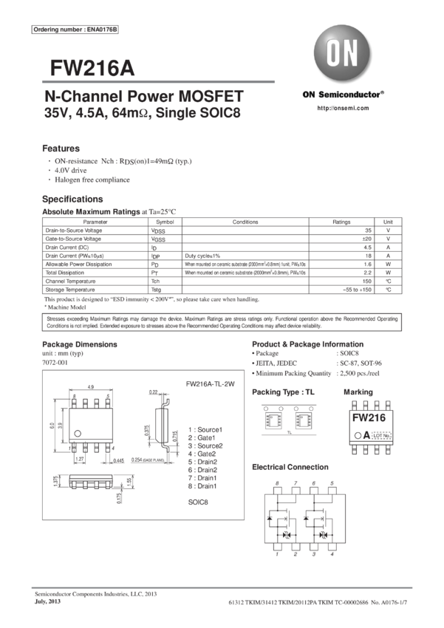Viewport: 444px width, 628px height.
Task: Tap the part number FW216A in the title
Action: click(x=92, y=68)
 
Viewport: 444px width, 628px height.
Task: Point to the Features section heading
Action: click(x=61, y=148)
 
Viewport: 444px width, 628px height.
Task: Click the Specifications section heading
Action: click(x=72, y=199)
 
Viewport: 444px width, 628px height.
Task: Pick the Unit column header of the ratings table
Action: click(x=388, y=221)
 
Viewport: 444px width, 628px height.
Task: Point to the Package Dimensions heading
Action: click(x=79, y=344)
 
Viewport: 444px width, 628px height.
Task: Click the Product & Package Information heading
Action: click(x=307, y=344)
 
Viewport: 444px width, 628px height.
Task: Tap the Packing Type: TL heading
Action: click(x=283, y=392)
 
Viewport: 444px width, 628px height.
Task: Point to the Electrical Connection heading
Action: click(x=290, y=467)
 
